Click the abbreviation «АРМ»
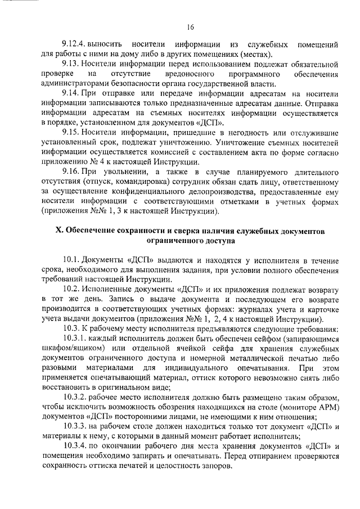(x=328, y=407)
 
